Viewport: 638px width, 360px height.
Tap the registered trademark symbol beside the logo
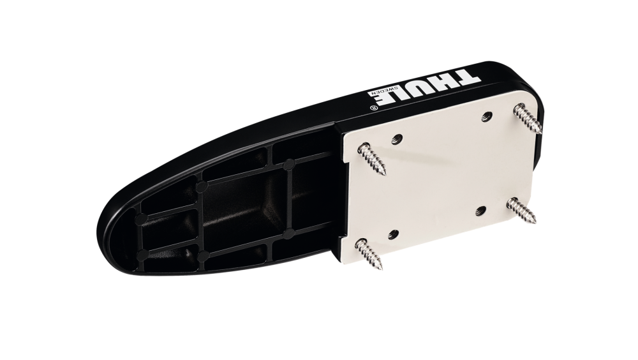tap(373, 108)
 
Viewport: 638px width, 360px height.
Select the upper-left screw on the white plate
tap(372, 158)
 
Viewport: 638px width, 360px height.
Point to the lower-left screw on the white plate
tap(369, 253)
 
